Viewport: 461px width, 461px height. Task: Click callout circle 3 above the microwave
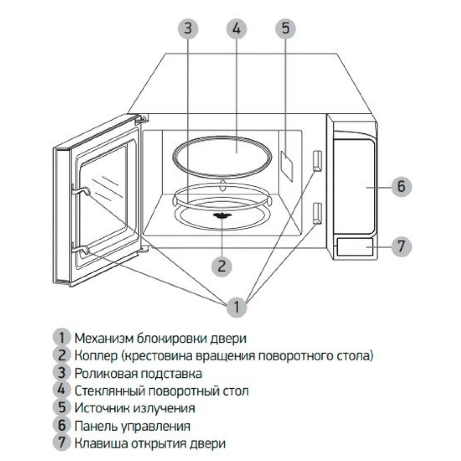(x=188, y=28)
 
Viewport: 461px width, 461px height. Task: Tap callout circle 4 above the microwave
(x=237, y=28)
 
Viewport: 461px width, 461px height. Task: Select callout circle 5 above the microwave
(x=286, y=28)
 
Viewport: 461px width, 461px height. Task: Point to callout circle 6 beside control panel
(x=401, y=186)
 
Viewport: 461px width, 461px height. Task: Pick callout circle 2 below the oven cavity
(x=222, y=265)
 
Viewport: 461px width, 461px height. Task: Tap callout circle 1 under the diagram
(x=237, y=306)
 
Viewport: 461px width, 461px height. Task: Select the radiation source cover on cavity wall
(x=287, y=166)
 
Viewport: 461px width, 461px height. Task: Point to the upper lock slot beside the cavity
(x=317, y=160)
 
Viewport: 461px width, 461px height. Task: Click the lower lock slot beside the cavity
(x=317, y=213)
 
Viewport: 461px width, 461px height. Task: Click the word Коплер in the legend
(x=96, y=355)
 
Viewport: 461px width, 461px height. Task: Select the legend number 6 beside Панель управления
(x=62, y=425)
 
